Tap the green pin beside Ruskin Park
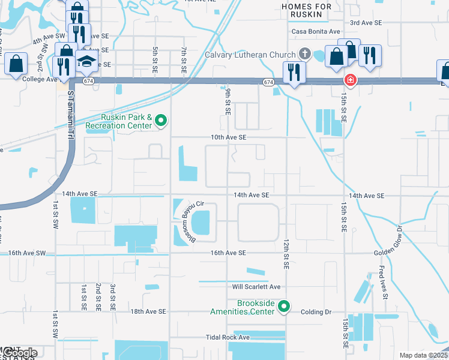click(161, 122)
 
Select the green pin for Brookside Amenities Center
click(286, 307)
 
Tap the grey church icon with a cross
click(306, 54)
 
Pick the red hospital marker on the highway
click(348, 80)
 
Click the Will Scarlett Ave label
click(256, 287)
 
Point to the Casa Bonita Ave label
click(316, 31)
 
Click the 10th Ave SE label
click(228, 137)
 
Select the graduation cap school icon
click(88, 61)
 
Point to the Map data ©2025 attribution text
click(423, 355)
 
